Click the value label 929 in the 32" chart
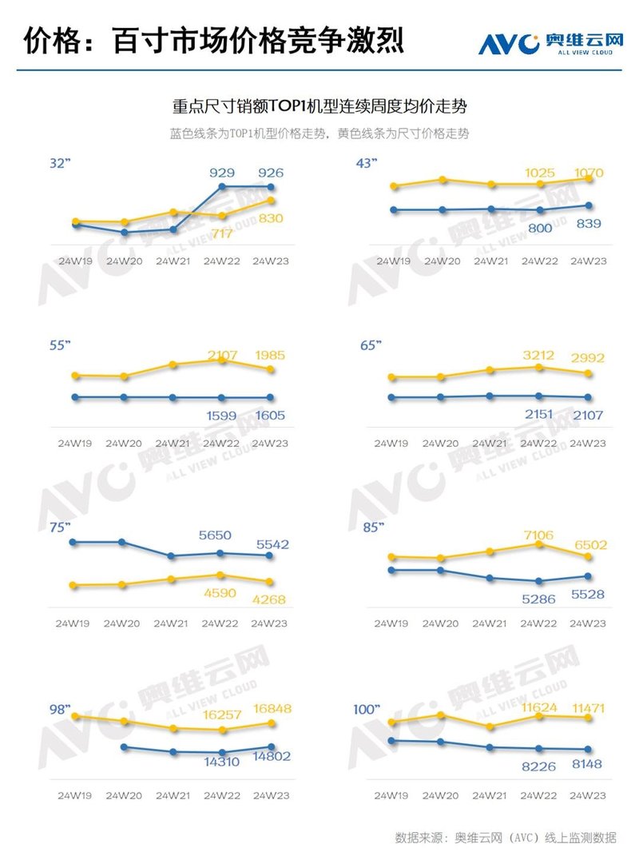(x=221, y=173)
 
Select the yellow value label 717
(x=221, y=233)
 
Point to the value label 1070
(x=589, y=173)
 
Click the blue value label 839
(x=589, y=224)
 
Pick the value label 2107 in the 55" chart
(x=223, y=355)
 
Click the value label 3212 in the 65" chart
(x=540, y=355)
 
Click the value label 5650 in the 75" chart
(x=221, y=535)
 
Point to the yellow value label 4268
(x=269, y=599)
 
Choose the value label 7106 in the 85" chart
(x=540, y=534)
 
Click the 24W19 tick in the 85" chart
(x=393, y=623)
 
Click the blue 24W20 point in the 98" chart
(x=123, y=747)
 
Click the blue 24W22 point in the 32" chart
(x=221, y=187)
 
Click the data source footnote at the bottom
(x=505, y=838)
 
